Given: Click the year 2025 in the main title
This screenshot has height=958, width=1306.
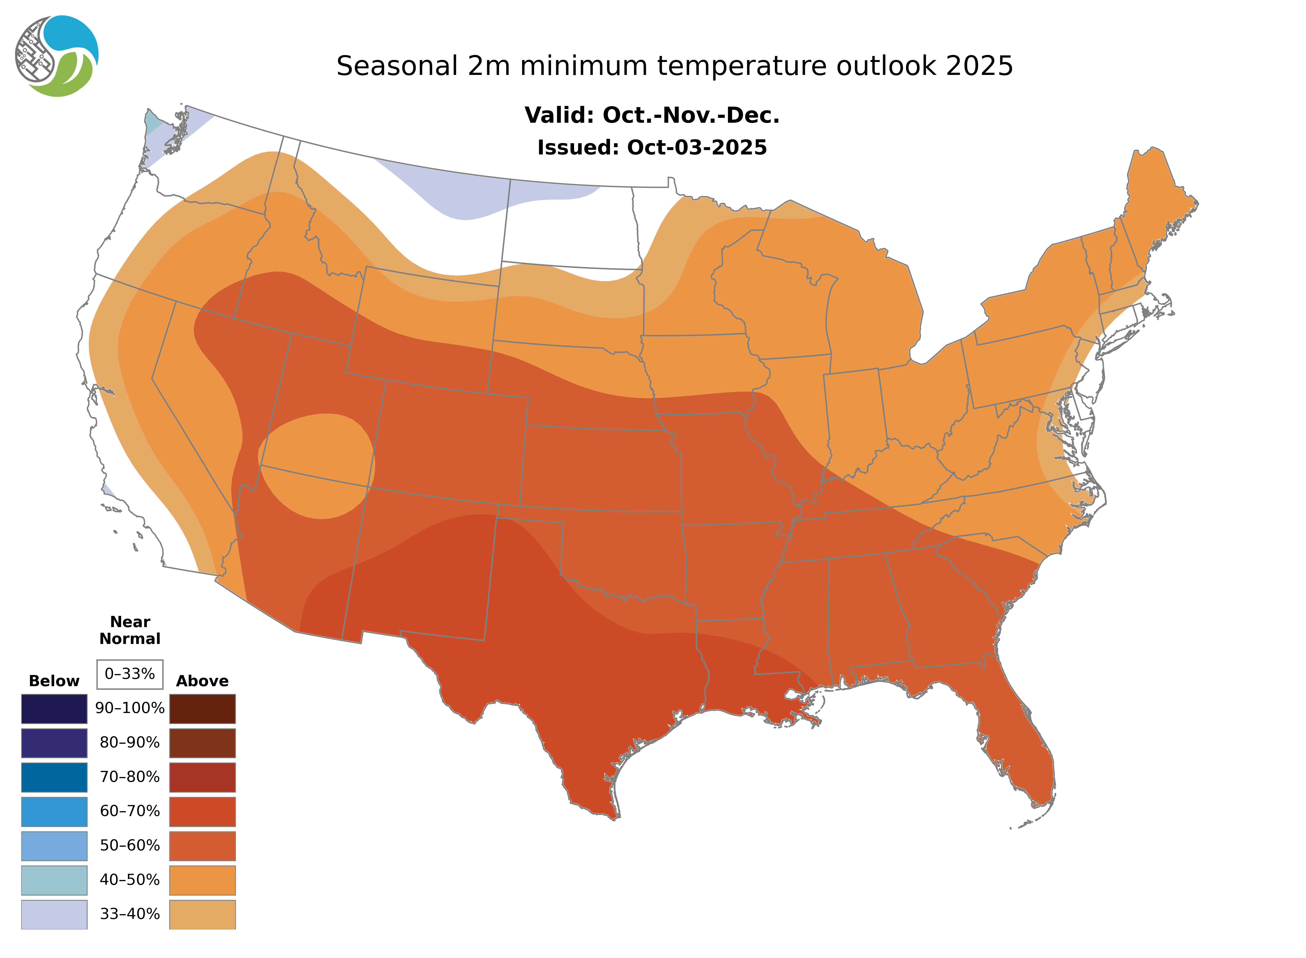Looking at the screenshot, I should coord(980,66).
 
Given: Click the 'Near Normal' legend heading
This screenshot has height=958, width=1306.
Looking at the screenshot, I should coord(130,630).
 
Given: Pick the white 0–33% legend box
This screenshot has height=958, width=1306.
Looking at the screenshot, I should coord(130,674).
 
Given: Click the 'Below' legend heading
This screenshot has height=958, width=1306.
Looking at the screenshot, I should coord(54,681).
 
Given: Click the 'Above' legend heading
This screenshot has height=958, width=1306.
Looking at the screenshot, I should coord(202,681).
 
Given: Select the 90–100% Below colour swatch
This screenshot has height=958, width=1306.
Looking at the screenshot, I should coord(54,709).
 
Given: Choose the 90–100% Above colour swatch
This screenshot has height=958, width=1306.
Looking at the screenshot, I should coord(202,709).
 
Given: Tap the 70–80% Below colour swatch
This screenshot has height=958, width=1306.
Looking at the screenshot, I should coord(54,777).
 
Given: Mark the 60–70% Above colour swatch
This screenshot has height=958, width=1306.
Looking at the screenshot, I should coord(202,811).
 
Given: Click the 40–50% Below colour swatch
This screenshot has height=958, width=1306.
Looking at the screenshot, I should coord(54,880).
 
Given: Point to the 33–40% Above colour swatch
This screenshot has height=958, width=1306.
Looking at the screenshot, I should coord(202,914).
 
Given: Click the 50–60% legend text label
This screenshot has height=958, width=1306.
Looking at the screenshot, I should coord(130,846).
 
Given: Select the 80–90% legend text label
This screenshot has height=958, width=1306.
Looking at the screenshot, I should coord(130,743).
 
